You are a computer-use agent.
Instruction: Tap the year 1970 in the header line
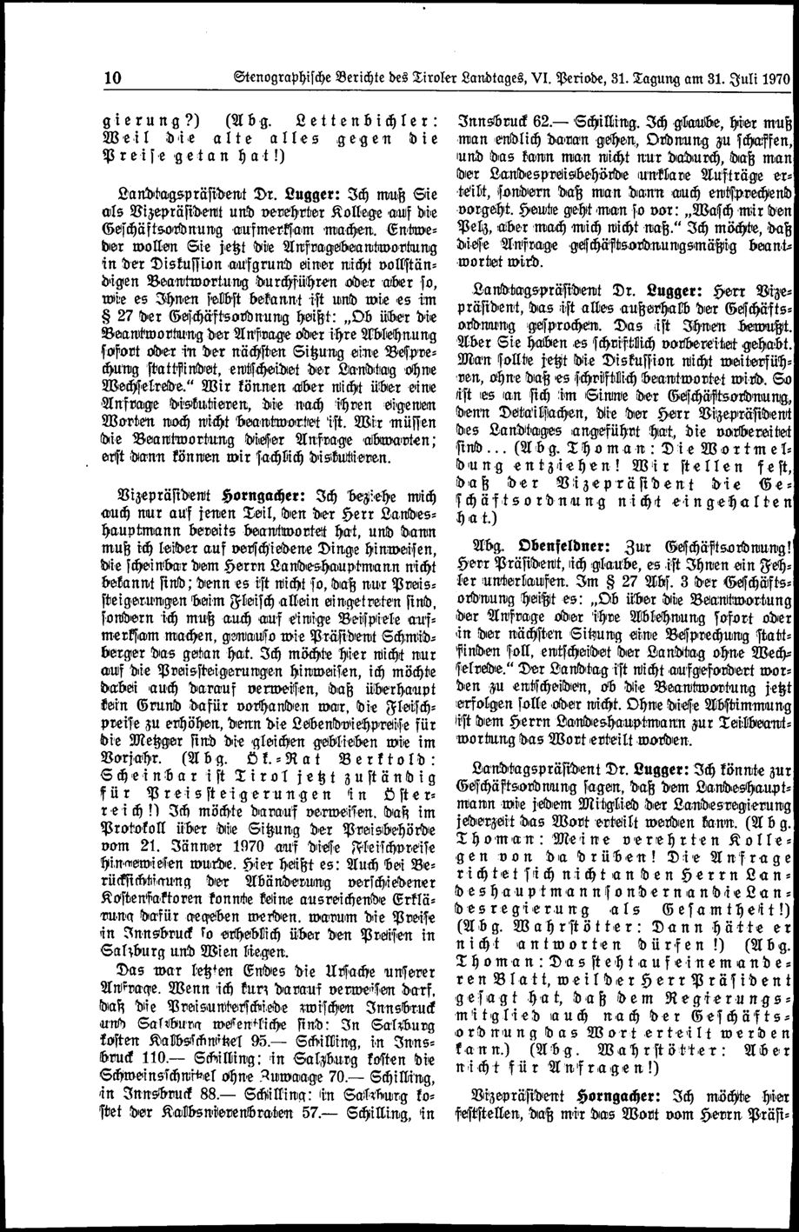pos(770,76)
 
